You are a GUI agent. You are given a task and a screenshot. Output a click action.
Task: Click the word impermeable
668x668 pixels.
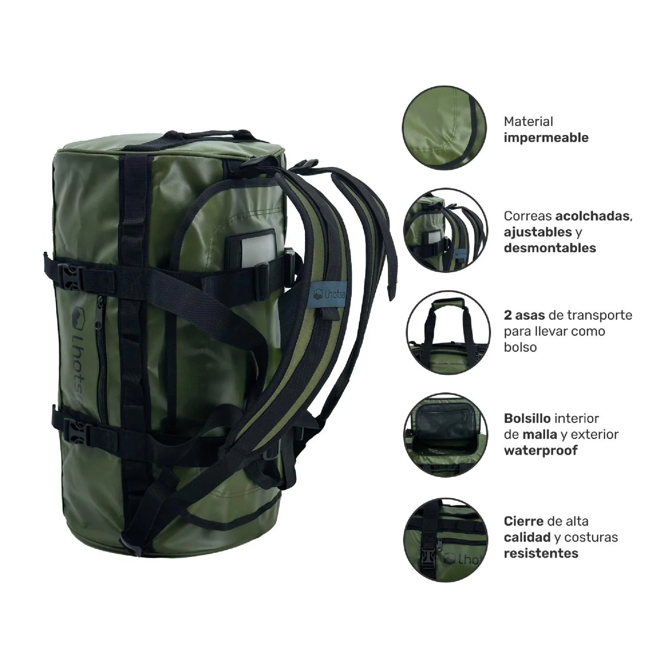546,138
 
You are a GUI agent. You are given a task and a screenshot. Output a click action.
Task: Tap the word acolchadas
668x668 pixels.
592,216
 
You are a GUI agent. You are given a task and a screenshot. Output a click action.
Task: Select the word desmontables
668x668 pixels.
550,248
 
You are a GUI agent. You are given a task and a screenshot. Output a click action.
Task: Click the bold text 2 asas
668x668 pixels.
524,315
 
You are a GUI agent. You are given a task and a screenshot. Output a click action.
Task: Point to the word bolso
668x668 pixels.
520,347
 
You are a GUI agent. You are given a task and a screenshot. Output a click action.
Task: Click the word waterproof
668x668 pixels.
541,450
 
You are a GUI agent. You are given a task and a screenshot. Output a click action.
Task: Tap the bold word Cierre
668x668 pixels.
524,521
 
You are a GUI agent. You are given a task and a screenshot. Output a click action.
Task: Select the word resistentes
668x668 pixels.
541,553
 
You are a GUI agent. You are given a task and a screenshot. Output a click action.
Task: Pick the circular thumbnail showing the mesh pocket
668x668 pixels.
446,435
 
